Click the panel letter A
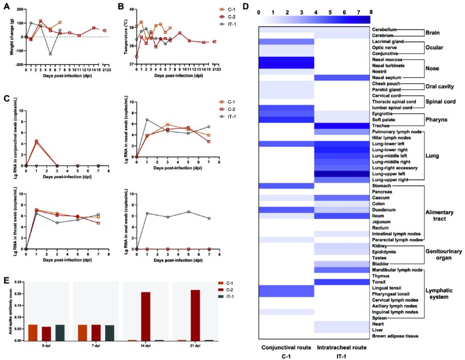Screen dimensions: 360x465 coord(6,6)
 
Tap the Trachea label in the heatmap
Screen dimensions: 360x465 coord(380,126)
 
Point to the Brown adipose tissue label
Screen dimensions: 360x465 coord(393,336)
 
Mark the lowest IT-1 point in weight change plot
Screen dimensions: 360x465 coord(51,54)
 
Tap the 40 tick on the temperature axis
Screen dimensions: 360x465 coord(131,9)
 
